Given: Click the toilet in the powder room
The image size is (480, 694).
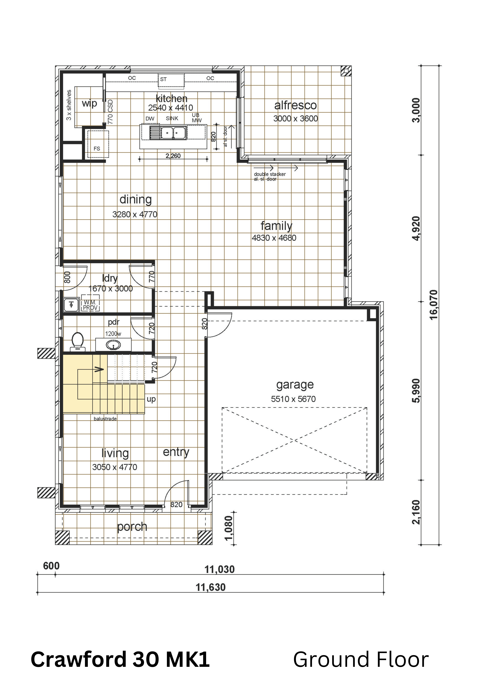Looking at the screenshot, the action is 78,342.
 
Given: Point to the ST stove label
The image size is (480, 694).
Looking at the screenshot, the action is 163,79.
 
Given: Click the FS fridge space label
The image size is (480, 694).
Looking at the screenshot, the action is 97,148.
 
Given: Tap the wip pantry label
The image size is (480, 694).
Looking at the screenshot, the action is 89,104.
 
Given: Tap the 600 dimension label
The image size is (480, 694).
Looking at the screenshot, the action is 51,566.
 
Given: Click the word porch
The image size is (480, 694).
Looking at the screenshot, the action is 132,527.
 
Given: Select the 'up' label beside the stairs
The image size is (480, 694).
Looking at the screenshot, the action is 151,399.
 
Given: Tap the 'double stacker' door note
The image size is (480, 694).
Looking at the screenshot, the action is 270,174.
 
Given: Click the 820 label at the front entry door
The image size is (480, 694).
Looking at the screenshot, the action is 176,505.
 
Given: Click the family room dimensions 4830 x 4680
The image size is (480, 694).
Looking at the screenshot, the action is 274,238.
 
